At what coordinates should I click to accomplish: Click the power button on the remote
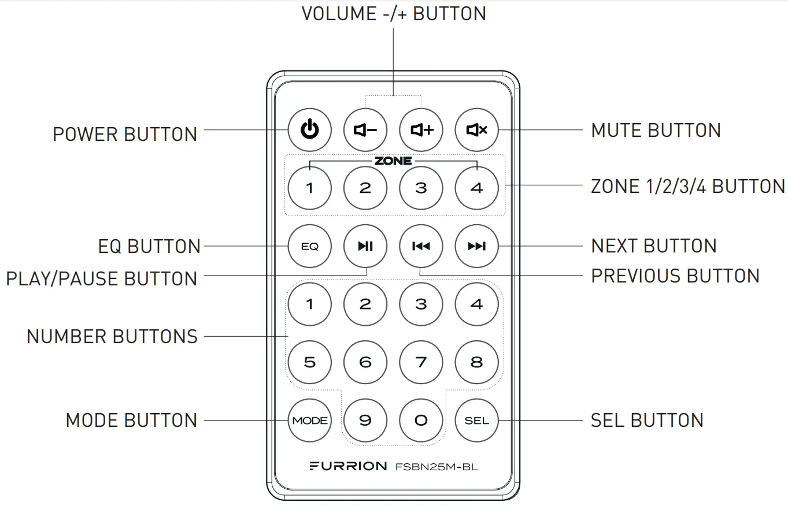[x=310, y=130]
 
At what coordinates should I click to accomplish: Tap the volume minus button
[x=365, y=130]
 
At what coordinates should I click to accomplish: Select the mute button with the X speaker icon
[x=476, y=130]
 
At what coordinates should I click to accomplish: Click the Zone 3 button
[x=421, y=188]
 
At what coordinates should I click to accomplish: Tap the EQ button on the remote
[x=310, y=247]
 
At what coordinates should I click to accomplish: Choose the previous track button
[x=421, y=247]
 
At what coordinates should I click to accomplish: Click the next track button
[x=476, y=247]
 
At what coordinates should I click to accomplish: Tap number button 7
[x=421, y=362]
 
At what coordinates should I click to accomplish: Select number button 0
[x=421, y=421]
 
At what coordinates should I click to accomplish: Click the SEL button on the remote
[x=476, y=421]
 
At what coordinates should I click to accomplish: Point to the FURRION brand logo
[x=348, y=466]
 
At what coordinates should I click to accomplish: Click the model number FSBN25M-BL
[x=436, y=467]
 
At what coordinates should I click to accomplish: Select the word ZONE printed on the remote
[x=393, y=161]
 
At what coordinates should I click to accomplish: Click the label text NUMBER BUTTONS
[x=112, y=336]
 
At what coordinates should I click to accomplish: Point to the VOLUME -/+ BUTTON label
[x=394, y=14]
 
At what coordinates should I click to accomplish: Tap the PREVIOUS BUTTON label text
[x=675, y=276]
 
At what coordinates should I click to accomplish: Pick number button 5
[x=310, y=362]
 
